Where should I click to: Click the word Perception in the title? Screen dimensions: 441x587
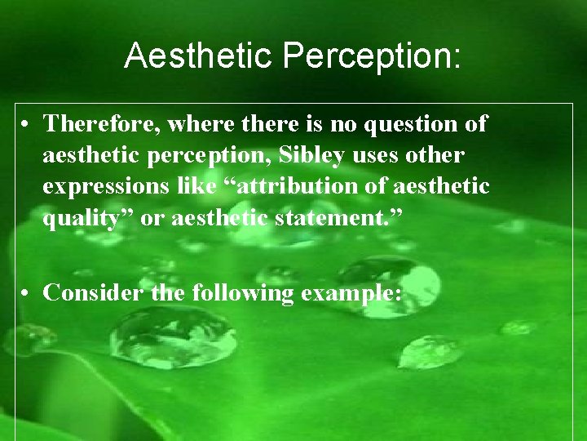[372, 56]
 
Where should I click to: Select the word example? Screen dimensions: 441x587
[351, 293]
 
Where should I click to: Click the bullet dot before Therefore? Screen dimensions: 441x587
[28, 125]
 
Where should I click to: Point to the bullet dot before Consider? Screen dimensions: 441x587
[28, 293]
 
